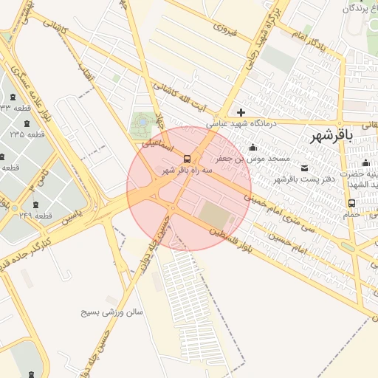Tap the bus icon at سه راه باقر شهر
tap(188, 158)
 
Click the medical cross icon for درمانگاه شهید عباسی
tap(241, 112)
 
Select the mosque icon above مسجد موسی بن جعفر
tap(253, 147)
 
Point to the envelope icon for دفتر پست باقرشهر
tap(305, 168)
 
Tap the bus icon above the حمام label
tap(351, 203)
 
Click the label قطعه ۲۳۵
tap(27, 134)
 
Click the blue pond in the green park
tap(141, 120)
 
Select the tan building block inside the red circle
tap(216, 215)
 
